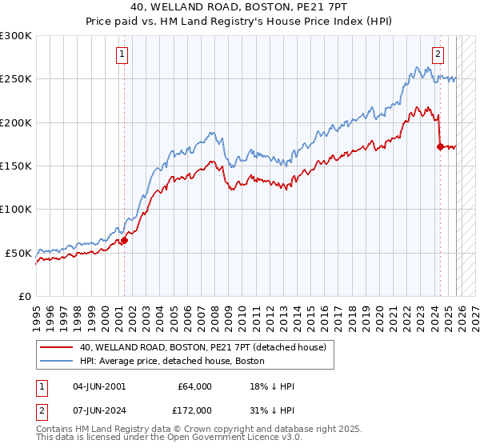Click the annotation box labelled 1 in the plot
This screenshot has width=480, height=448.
122,54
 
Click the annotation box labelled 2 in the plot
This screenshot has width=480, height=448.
438,54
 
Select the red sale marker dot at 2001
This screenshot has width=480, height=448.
124,240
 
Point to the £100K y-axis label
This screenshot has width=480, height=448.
16,209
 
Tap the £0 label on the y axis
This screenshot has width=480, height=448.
24,296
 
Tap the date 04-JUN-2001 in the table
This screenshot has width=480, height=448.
99,386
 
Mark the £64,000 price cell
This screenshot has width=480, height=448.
195,386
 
